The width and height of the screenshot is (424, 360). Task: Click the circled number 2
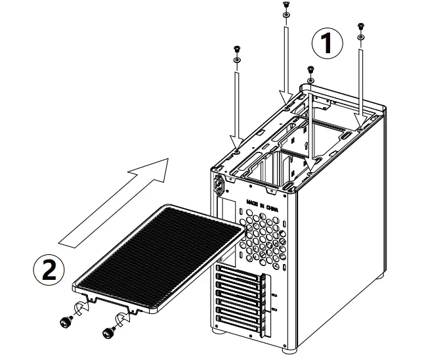pyautogui.click(x=49, y=269)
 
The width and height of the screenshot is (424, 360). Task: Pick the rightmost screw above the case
pyautogui.click(x=360, y=27)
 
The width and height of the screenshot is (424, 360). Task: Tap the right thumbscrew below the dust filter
pyautogui.click(x=108, y=333)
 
